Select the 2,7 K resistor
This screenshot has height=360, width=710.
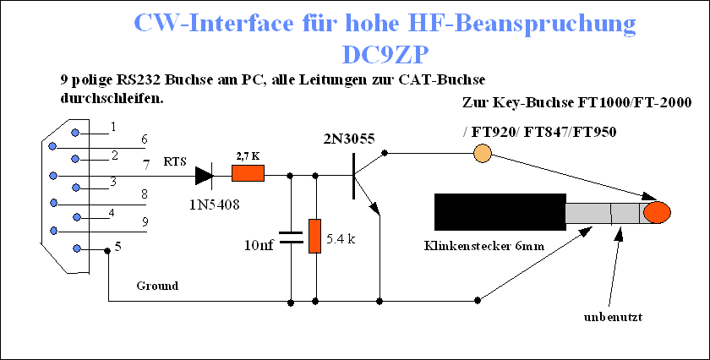point(248,173)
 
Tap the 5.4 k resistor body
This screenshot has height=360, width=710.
point(314,236)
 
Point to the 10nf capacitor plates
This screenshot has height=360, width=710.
point(290,237)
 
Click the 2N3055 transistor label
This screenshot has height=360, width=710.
point(349,139)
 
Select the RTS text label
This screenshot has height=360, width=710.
point(175,162)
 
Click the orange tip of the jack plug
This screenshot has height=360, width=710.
point(657,212)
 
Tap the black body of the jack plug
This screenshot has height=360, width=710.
point(500,211)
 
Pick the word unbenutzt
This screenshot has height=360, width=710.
point(613,317)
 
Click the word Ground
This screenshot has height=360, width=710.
point(157,286)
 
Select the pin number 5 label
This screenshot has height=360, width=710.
point(117,248)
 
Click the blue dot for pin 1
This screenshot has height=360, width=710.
point(75,133)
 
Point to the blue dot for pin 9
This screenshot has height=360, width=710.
point(54,231)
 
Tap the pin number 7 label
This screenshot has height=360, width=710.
point(146,166)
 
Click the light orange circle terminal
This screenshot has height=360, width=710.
point(483,153)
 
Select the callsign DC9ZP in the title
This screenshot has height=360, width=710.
point(385,55)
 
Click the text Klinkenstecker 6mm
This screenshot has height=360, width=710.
point(484,246)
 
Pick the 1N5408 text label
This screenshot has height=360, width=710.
point(214,205)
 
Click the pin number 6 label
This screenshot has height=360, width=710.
point(145,139)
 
